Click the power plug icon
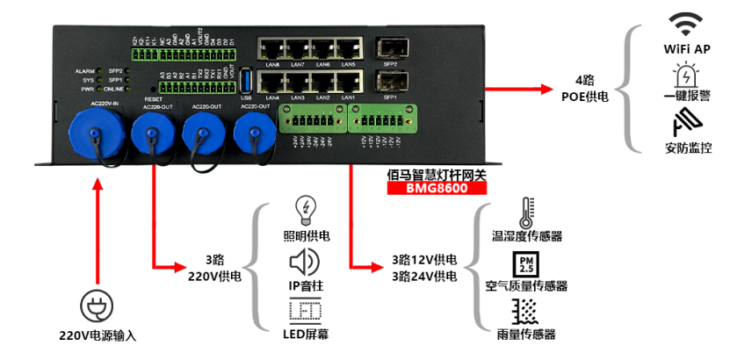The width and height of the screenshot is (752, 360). pos(97,306)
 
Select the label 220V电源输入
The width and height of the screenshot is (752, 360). pos(97,335)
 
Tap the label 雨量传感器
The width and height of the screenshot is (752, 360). pos(526,335)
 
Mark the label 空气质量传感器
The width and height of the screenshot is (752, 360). pos(526,286)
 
